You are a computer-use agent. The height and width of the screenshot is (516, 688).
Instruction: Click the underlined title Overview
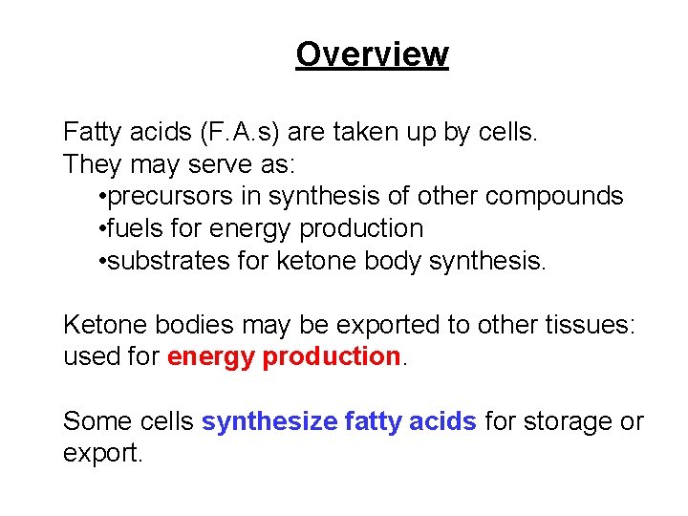click(x=372, y=54)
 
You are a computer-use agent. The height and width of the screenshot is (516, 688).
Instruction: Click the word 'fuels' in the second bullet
click(x=133, y=228)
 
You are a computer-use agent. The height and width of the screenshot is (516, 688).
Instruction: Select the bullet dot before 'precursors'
click(x=101, y=197)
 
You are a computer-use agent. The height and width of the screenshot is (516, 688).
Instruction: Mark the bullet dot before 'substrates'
click(x=101, y=262)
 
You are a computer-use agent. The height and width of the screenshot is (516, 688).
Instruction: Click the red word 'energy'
click(x=210, y=357)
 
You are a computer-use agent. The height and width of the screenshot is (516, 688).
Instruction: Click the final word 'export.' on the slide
click(x=102, y=454)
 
